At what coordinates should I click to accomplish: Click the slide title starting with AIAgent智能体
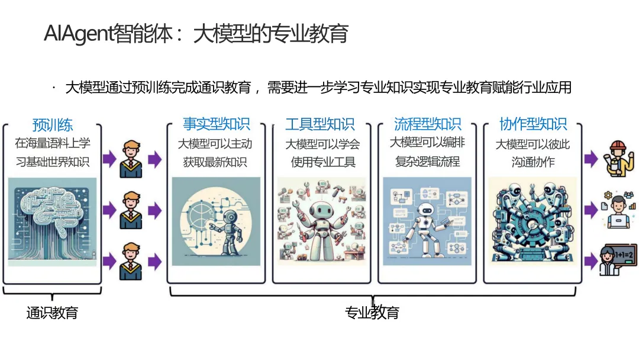point(196,34)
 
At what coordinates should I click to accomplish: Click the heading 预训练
point(53,125)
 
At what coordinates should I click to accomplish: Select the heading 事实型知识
point(217,124)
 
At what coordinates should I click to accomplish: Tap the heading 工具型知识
point(320,124)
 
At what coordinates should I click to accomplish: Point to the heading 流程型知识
point(427,124)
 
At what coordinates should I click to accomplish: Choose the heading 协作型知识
point(533,124)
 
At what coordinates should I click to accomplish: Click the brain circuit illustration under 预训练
point(53,221)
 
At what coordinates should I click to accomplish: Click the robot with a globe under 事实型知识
point(216,221)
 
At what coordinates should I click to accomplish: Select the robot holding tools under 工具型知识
point(321,221)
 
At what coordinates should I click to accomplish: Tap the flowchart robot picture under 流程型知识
point(427,221)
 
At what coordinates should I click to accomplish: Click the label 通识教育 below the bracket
point(52,313)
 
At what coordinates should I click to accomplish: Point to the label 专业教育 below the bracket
point(372,313)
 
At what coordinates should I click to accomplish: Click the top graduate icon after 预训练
point(131,159)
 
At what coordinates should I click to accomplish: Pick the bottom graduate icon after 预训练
point(131,261)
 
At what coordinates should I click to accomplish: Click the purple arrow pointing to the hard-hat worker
point(590,158)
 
